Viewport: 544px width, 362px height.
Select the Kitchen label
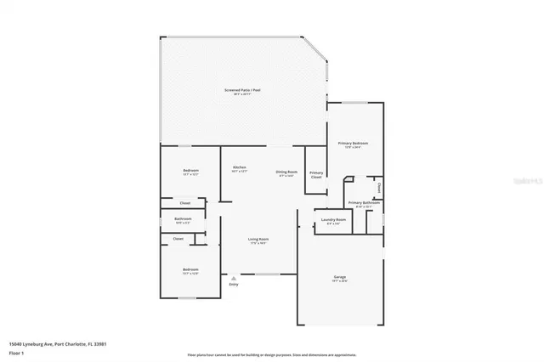coord(239,167)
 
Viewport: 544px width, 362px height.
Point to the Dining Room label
coord(286,173)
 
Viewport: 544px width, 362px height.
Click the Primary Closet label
coord(315,174)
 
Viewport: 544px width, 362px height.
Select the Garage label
coord(339,277)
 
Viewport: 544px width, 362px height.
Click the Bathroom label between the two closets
coord(184,219)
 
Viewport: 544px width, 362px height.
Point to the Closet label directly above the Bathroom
coord(184,203)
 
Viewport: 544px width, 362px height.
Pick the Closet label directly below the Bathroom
coord(178,239)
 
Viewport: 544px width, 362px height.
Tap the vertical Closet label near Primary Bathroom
coord(378,186)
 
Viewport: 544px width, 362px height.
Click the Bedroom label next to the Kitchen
coord(190,172)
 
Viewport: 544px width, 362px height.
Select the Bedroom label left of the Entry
coord(190,271)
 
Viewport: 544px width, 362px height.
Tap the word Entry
coord(234,284)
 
